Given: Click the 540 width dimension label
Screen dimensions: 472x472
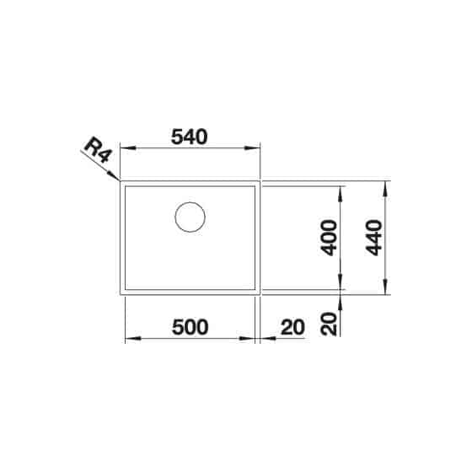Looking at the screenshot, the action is (189, 137).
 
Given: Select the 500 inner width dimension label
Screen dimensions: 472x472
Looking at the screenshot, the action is (190, 327).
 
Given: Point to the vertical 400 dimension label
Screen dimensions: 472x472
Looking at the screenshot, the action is (329, 238).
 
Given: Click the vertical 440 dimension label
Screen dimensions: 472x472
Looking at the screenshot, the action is (373, 238).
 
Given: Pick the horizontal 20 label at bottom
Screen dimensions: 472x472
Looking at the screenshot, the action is (292, 327).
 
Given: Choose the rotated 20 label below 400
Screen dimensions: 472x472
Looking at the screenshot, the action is (329, 324).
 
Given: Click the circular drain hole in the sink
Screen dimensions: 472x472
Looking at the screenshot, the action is (190, 217).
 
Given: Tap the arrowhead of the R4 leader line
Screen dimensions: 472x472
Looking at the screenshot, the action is (114, 175).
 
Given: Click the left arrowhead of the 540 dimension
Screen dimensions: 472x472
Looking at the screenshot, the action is (128, 148).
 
